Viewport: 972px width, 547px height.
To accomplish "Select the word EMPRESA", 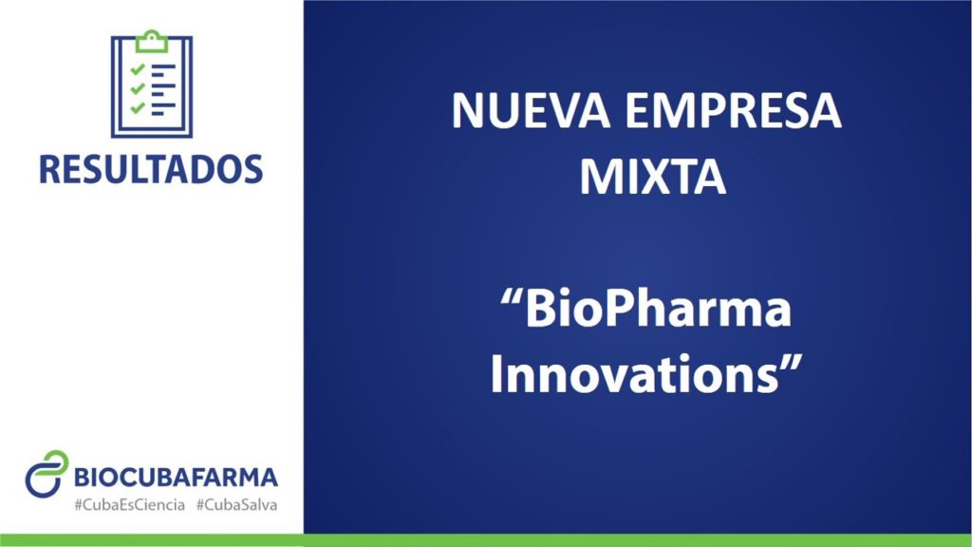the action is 733,111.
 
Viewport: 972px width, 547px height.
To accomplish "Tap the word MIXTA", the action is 653,178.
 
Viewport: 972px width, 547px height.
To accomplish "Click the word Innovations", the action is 635,374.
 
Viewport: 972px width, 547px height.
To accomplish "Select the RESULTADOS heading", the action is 151,169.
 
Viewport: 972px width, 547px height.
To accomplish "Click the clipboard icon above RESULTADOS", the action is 152,84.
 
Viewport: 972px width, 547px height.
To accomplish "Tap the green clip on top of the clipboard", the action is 152,41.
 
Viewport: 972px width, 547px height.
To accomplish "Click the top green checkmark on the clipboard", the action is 138,68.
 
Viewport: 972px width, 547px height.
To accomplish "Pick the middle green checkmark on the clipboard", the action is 138,88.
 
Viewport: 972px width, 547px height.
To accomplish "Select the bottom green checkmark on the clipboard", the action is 138,108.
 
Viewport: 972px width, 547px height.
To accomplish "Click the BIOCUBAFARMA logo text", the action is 176,478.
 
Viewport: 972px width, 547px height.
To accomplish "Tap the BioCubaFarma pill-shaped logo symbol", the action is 47,474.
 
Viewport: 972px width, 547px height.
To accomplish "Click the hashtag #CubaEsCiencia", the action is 129,505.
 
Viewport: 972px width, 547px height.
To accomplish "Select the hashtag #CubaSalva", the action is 236,505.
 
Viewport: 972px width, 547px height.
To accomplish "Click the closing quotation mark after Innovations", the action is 792,364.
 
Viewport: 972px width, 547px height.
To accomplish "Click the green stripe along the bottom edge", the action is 486,540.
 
